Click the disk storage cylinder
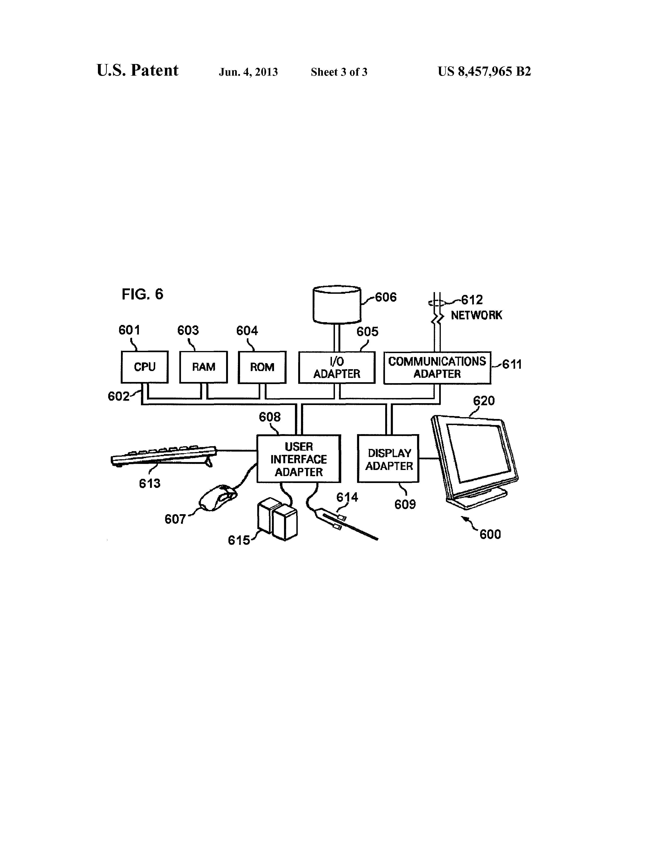(337, 305)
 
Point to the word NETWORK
(476, 315)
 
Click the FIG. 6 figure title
(142, 294)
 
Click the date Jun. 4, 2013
(248, 72)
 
